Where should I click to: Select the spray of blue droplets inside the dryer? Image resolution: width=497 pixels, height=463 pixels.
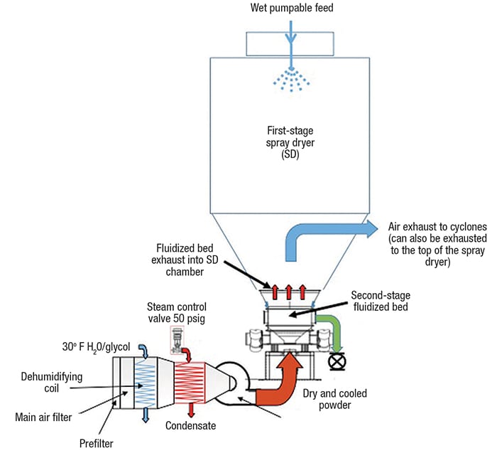(290, 80)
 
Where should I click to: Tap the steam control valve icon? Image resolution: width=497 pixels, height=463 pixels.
(175, 338)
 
